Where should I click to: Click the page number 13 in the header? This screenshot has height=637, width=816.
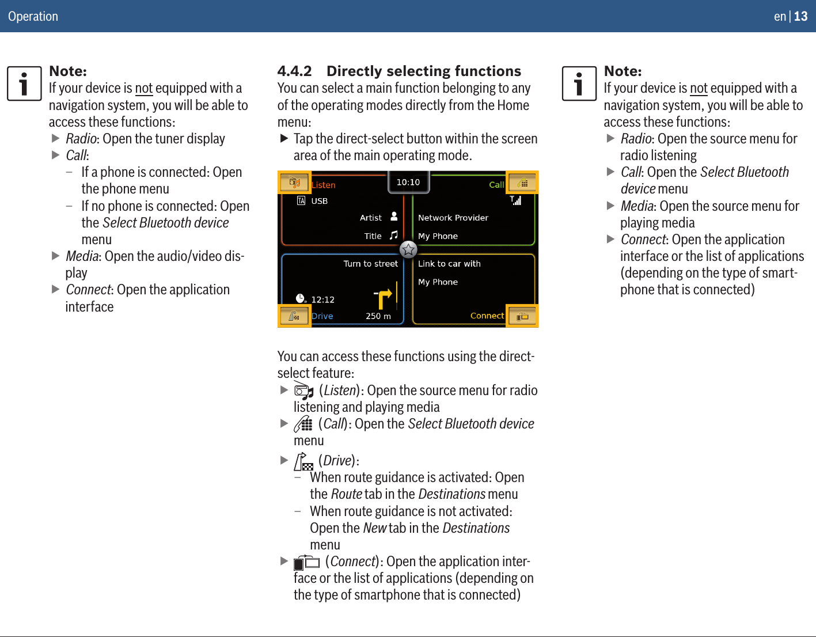(801, 16)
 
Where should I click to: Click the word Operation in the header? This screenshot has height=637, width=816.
(33, 16)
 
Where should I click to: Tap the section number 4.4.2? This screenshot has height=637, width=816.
(294, 71)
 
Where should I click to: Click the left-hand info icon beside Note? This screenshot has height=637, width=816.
(24, 84)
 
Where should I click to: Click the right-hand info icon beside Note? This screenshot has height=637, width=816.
(579, 84)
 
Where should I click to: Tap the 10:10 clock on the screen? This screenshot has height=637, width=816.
(408, 183)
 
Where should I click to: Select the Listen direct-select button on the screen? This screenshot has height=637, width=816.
(294, 183)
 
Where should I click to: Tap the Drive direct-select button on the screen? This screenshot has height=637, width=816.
(294, 316)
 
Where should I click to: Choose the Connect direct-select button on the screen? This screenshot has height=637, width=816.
(522, 316)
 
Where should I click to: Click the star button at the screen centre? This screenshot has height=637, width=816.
(408, 249)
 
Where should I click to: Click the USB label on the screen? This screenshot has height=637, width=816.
(319, 201)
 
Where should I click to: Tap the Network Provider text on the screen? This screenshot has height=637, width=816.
(453, 218)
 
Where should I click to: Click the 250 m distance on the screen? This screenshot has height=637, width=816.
(378, 316)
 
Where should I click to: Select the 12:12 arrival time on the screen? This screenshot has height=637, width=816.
(322, 299)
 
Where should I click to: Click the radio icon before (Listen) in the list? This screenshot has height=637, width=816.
(303, 391)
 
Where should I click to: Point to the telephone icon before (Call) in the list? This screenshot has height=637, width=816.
(303, 424)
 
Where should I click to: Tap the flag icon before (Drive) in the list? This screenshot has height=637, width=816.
(303, 461)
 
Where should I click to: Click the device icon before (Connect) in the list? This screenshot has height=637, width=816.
(306, 562)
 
